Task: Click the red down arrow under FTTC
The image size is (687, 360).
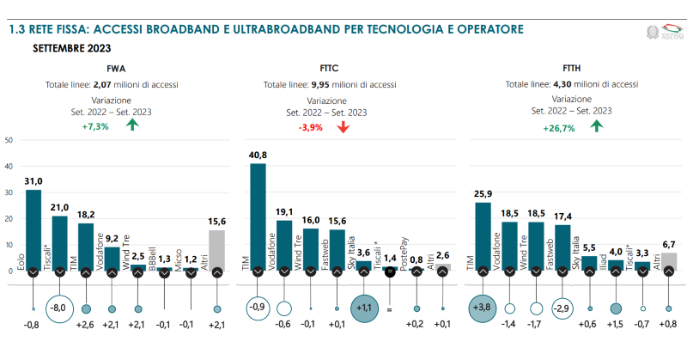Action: [x=343, y=127]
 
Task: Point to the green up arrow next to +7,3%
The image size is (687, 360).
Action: [x=131, y=125]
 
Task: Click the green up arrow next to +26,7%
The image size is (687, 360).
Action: [x=597, y=126]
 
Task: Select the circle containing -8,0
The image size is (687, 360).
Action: [x=59, y=308]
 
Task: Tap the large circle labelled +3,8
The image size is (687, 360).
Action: [x=483, y=308]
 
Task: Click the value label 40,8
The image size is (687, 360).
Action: [x=258, y=156]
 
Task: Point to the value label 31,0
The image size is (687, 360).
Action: [x=33, y=182]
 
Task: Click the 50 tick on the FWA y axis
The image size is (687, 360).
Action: [x=9, y=140]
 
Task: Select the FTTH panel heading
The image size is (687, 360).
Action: [x=572, y=68]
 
